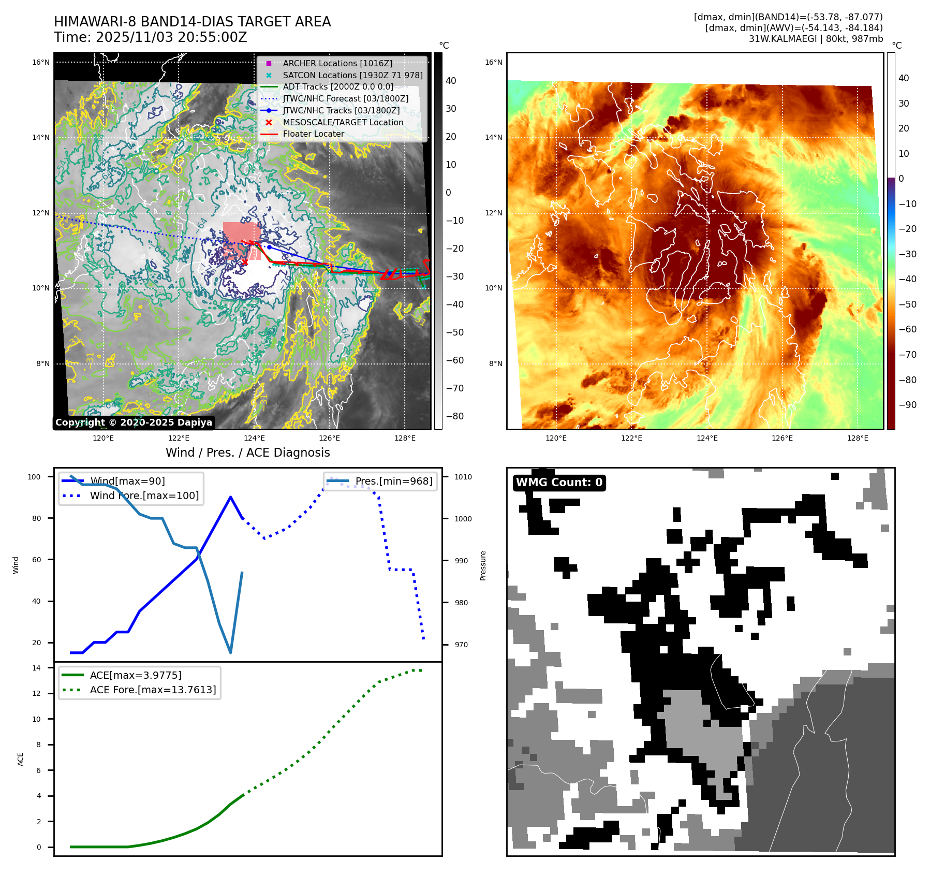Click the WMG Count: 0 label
click(x=559, y=483)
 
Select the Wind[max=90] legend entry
click(x=127, y=481)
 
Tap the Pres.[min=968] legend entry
click(x=393, y=481)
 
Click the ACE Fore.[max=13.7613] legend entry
click(x=153, y=690)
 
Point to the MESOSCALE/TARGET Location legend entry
click(x=343, y=122)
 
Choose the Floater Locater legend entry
click(x=313, y=134)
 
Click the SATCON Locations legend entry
click(x=352, y=75)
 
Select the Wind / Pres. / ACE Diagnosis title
click(x=247, y=453)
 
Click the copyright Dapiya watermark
click(x=134, y=422)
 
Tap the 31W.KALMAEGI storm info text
click(x=816, y=39)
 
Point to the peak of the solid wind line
click(x=230, y=497)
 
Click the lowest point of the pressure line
click(x=230, y=652)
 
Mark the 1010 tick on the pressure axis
click(x=463, y=477)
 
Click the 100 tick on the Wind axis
click(x=34, y=477)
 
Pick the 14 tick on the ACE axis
click(x=36, y=668)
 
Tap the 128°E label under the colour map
click(x=858, y=438)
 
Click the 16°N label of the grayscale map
click(x=41, y=63)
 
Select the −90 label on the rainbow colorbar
click(x=907, y=405)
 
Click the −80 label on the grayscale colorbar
click(x=455, y=416)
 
